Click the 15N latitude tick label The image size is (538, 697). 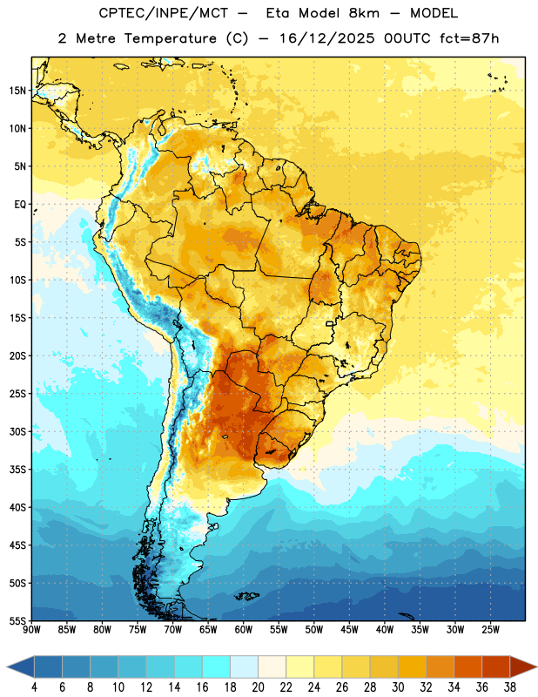point(17,91)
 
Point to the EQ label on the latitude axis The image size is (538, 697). point(20,205)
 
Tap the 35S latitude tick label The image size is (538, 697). point(17,470)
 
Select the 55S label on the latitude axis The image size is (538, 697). point(17,620)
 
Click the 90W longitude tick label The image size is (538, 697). point(31,630)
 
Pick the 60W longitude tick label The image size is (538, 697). point(244,630)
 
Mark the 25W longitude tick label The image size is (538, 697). point(490,630)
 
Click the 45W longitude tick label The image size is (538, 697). point(349,630)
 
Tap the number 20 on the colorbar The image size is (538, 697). point(258,687)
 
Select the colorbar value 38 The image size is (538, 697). point(510,687)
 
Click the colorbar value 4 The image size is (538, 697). point(34,687)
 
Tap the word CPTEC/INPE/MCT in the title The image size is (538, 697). point(164,14)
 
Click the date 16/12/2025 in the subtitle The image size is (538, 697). point(326,38)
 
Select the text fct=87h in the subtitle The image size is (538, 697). point(469,38)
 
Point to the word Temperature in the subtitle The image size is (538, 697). point(170,38)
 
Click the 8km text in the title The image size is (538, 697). point(364,13)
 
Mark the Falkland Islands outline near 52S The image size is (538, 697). point(247,596)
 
